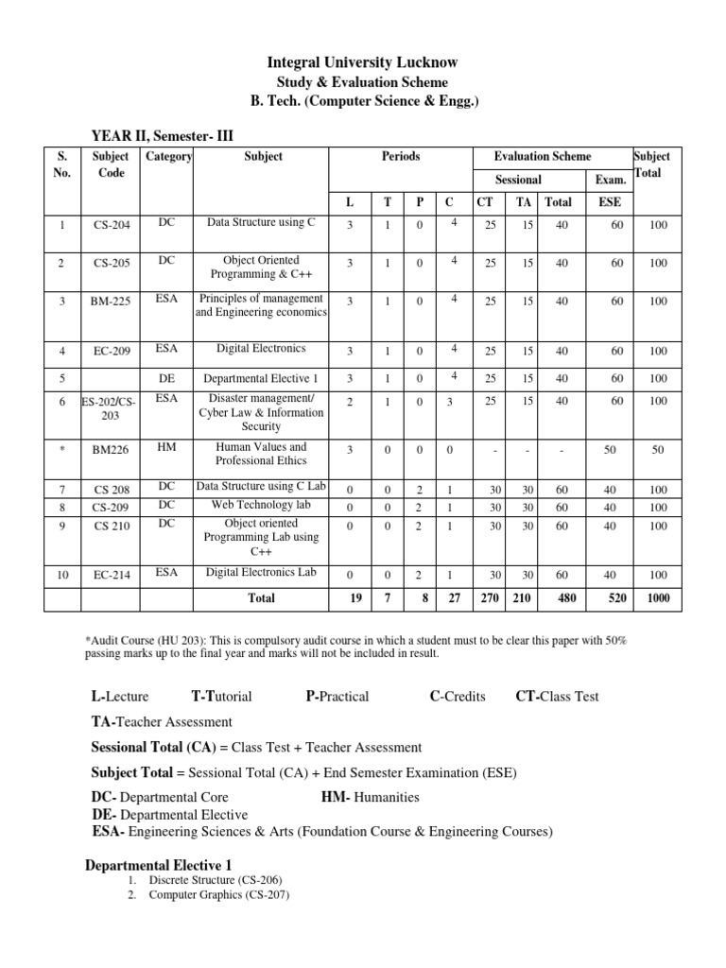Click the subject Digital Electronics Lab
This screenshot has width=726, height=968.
[x=262, y=572]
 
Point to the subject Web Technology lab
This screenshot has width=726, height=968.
[x=262, y=506]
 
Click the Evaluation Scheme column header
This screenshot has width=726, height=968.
[x=543, y=156]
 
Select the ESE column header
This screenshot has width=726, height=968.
[x=610, y=201]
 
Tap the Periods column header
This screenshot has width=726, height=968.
[x=401, y=156]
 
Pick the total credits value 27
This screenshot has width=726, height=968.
[x=454, y=598]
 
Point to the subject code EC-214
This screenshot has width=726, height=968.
[x=112, y=575]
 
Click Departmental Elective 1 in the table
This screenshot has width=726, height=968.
[x=262, y=378]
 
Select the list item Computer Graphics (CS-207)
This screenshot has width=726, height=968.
[x=218, y=894]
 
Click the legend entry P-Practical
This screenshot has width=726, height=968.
[x=337, y=697]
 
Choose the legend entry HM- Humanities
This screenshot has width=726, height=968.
[x=370, y=797]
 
